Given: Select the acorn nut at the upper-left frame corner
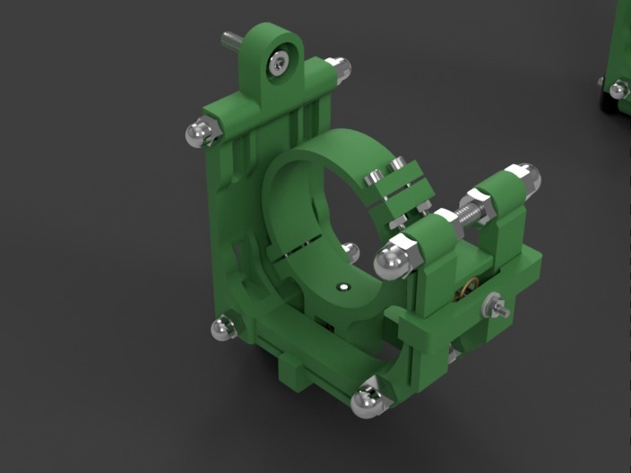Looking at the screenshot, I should (199, 133).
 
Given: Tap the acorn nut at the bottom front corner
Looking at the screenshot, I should (366, 401).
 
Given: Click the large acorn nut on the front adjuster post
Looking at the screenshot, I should (390, 260).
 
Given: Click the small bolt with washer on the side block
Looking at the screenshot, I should (493, 306).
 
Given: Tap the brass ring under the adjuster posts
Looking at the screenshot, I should (465, 290).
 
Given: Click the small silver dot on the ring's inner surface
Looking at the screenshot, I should (341, 288).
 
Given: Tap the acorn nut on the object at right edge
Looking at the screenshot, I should (617, 89).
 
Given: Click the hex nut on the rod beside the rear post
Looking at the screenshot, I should (488, 206).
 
